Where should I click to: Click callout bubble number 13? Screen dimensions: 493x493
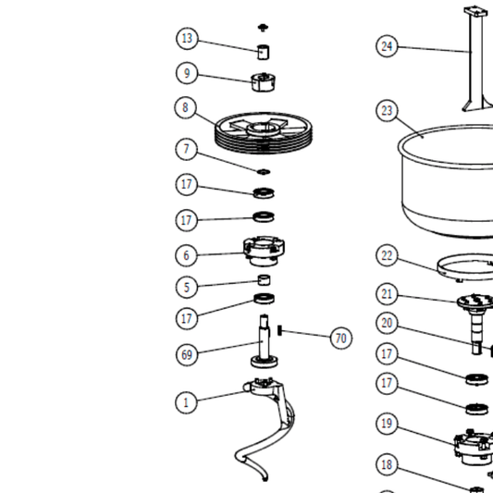188,39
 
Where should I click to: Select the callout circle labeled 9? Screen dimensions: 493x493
188,73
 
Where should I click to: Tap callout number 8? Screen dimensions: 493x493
186,108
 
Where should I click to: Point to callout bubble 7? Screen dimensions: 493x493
187,149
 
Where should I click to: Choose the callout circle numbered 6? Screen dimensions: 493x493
187,254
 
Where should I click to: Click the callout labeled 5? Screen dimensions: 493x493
187,287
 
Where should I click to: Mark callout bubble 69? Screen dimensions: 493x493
188,353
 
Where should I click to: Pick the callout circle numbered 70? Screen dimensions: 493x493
341,339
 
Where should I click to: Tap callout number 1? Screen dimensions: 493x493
187,402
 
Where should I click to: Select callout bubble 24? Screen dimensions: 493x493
388,45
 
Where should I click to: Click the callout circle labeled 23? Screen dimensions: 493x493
388,111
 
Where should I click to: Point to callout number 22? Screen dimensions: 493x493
388,256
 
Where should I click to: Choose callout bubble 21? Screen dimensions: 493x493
388,294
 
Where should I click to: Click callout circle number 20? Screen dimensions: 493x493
388,323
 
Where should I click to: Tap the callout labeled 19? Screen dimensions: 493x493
388,424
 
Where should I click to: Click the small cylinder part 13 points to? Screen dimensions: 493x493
264,50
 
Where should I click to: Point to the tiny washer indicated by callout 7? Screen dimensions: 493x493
264,171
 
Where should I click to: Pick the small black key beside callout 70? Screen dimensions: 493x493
279,330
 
